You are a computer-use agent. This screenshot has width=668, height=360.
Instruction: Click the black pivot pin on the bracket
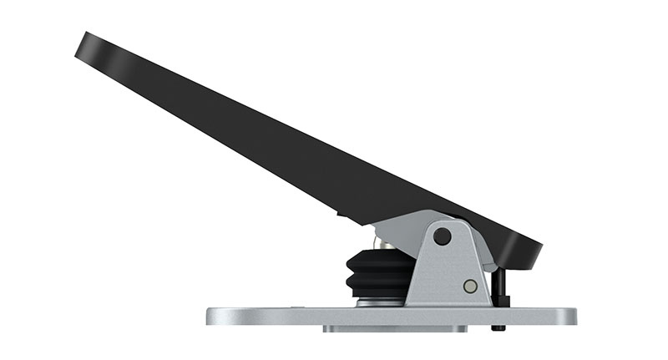click(442, 237)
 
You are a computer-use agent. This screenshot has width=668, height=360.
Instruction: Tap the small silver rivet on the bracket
click(470, 286)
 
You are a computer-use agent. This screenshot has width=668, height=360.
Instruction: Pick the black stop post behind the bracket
click(498, 284)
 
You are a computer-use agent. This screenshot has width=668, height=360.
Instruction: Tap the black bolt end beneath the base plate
click(498, 327)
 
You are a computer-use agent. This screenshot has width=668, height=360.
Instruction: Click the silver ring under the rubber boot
click(380, 303)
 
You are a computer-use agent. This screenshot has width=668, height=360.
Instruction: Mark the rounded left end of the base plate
click(214, 317)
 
